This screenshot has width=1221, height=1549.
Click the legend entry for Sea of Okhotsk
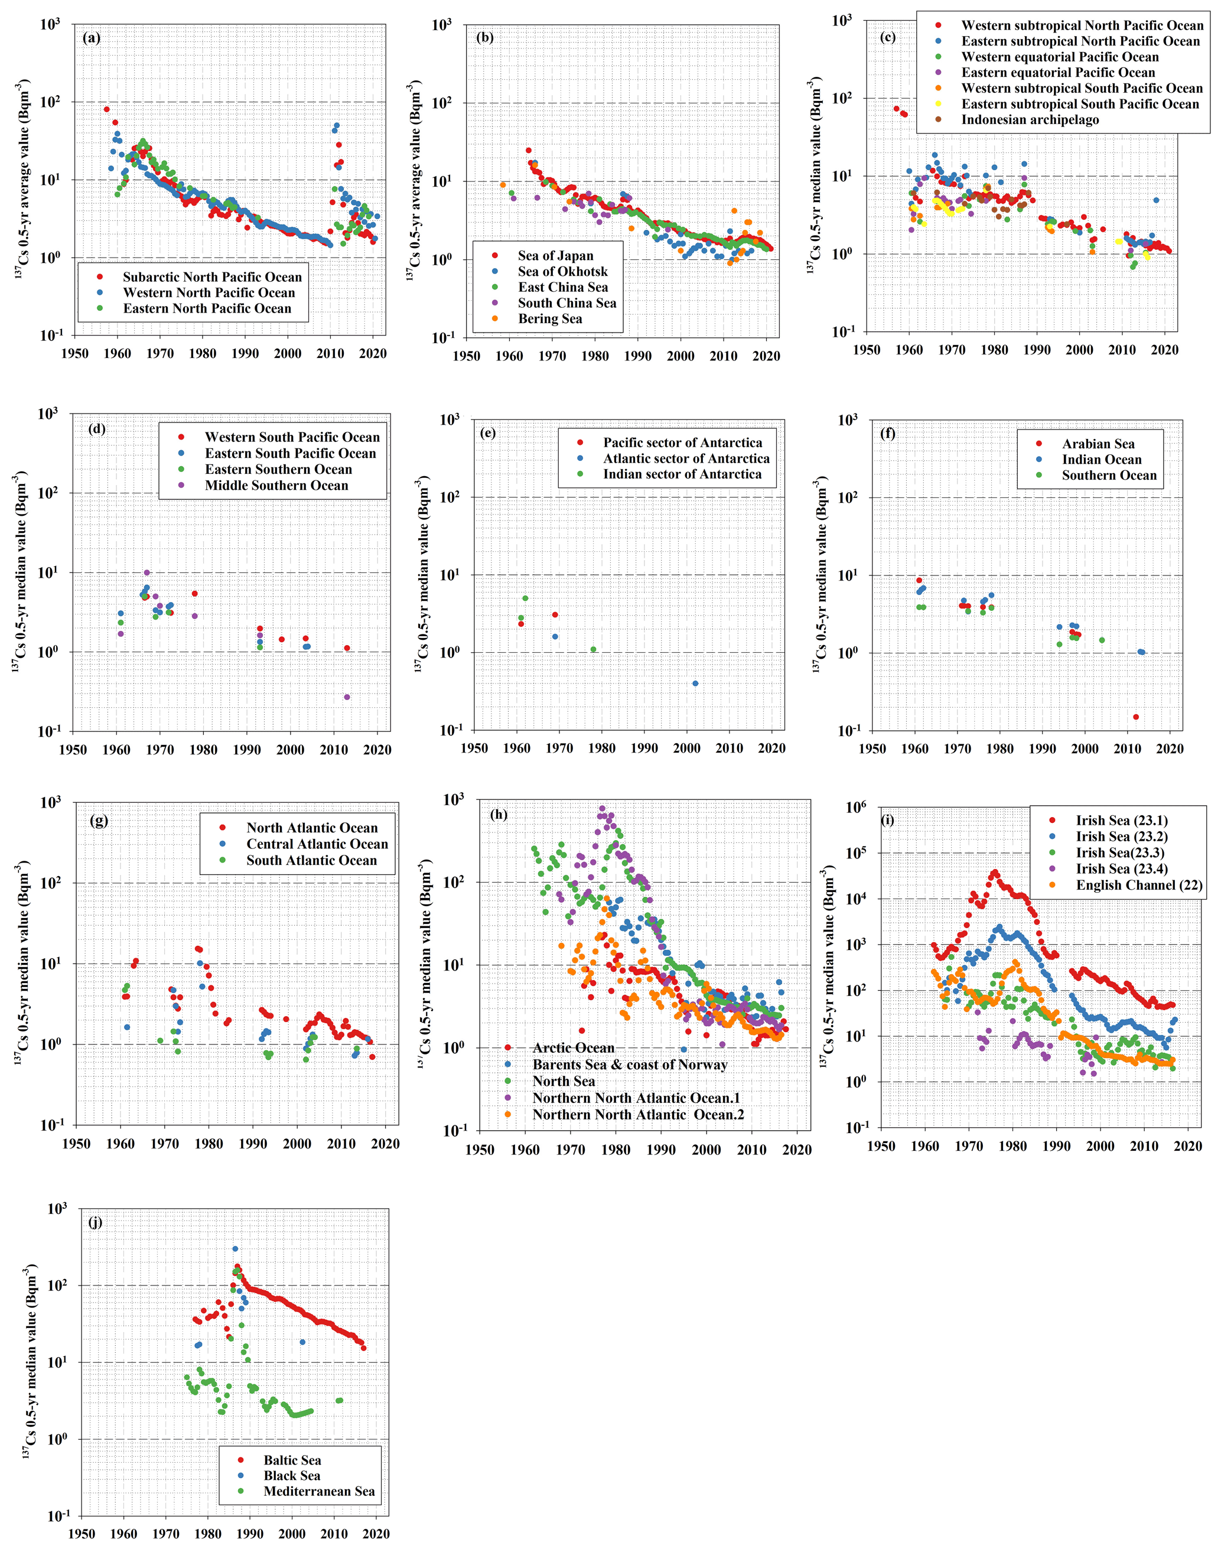[562, 272]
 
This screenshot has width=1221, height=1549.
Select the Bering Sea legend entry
[550, 319]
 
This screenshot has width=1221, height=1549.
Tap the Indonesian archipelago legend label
[1030, 119]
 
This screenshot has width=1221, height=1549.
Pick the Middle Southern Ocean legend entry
[276, 486]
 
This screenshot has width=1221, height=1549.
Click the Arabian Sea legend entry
[1098, 444]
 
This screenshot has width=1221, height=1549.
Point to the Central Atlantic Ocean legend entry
[317, 844]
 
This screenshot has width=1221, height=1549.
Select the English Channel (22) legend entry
[1139, 885]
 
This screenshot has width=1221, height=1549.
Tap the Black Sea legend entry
[292, 1475]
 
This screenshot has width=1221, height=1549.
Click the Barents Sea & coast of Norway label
[630, 1065]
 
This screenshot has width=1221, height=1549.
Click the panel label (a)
[92, 38]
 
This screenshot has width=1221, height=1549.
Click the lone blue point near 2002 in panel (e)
[696, 684]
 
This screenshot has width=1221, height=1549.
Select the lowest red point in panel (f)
[1136, 717]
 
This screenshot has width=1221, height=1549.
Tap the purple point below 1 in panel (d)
[347, 697]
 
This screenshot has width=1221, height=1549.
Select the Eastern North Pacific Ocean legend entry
[207, 309]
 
